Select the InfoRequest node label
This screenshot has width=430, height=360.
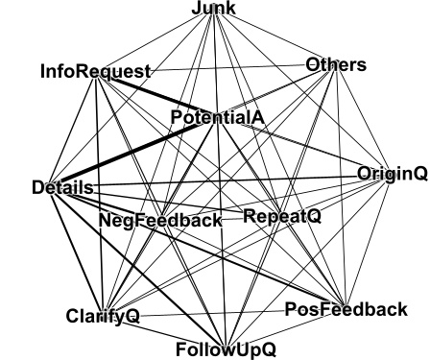(95, 71)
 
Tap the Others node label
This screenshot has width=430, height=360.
(336, 65)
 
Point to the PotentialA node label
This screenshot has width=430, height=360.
(217, 117)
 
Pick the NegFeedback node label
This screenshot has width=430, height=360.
(160, 220)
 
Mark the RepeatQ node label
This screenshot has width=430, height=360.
(281, 216)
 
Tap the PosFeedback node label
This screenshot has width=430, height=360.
(346, 309)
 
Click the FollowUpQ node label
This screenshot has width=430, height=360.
(226, 348)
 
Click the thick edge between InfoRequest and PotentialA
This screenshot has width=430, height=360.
(154, 95)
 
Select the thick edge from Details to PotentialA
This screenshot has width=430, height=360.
(134, 153)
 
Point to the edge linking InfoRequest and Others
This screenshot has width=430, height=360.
(230, 68)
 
